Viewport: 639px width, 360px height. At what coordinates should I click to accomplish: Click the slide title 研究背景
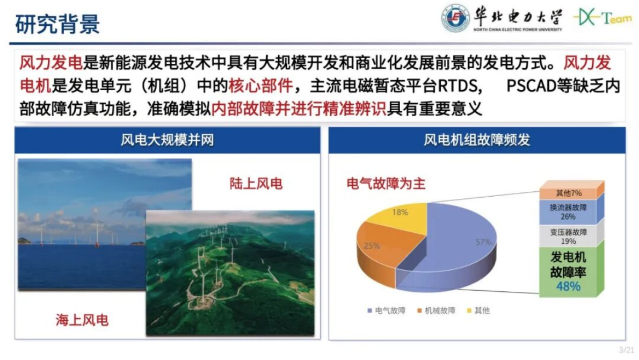tap(57, 24)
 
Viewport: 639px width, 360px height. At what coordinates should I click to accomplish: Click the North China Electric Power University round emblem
tap(455, 18)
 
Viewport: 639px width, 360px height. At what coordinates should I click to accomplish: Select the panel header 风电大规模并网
tap(167, 140)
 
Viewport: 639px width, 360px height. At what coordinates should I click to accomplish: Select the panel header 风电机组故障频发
tap(477, 140)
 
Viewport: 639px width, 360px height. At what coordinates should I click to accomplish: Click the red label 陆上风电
tap(256, 184)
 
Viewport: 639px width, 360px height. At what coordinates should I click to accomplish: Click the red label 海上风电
tap(82, 320)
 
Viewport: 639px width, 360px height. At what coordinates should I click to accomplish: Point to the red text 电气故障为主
tap(386, 184)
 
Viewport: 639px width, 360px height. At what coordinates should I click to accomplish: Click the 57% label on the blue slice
tap(483, 242)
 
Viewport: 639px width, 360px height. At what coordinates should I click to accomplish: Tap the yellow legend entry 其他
tap(482, 311)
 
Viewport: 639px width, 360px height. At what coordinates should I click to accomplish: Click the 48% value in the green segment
tap(568, 286)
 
